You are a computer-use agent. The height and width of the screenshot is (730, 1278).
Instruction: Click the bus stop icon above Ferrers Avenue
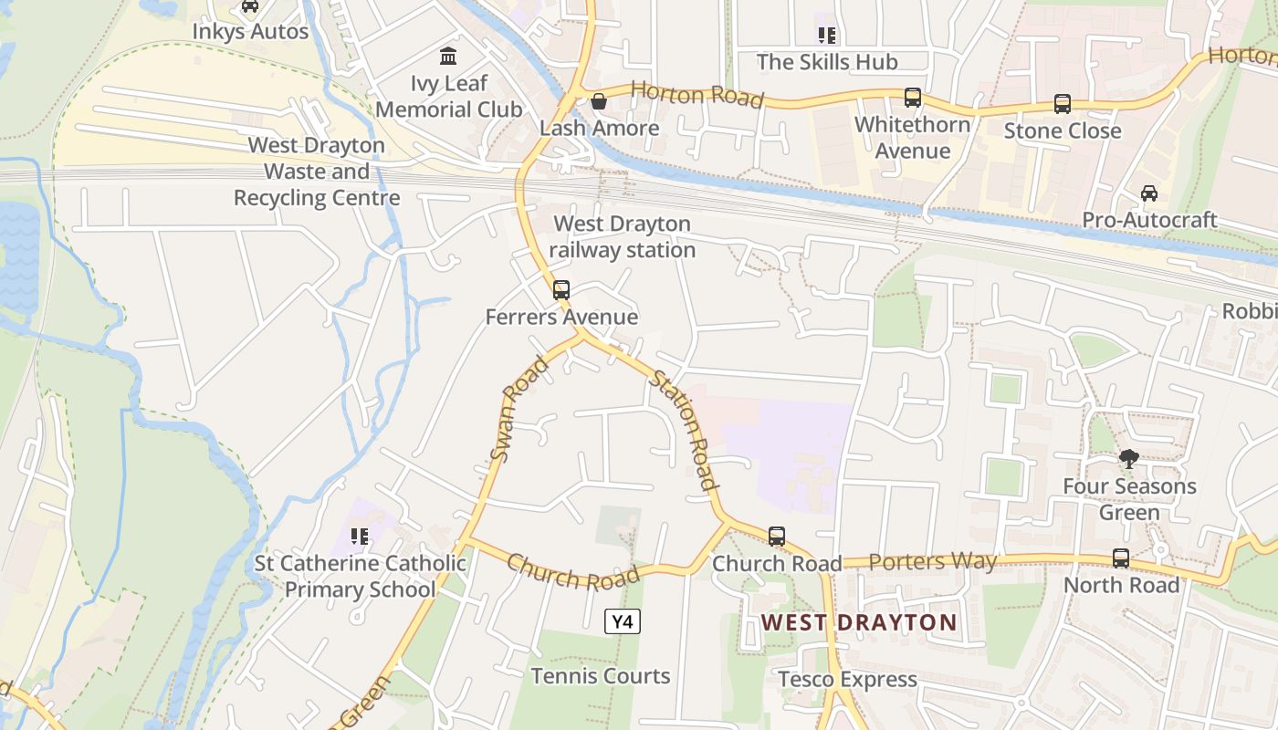tap(561, 290)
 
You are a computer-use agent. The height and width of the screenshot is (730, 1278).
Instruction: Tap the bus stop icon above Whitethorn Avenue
tap(912, 98)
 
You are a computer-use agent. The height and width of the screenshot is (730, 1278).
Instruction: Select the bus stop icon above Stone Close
tap(1062, 104)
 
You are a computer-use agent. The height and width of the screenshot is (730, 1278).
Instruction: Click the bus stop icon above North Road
tap(1121, 558)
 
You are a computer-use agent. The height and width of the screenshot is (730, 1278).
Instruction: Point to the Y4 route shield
tap(622, 622)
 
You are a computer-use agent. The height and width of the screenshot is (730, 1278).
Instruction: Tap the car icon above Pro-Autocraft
tap(1149, 193)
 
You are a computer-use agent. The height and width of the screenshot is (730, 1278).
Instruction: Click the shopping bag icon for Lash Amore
tap(599, 101)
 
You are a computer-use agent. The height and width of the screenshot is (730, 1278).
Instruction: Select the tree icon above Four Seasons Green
tap(1129, 459)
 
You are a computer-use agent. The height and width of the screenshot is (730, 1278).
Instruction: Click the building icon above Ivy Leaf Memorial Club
tap(448, 57)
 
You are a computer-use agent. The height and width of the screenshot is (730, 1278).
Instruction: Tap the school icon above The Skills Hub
tap(827, 36)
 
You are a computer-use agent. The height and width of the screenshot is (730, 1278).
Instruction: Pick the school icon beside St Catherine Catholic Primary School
tap(360, 537)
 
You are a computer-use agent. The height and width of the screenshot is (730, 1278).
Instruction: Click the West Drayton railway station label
tap(623, 236)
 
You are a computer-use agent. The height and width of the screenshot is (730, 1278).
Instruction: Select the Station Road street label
tap(681, 432)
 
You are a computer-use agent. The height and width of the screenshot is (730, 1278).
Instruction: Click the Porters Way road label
tap(932, 561)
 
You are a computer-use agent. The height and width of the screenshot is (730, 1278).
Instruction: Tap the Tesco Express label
tap(847, 680)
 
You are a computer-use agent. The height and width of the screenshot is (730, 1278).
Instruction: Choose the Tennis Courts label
tap(601, 676)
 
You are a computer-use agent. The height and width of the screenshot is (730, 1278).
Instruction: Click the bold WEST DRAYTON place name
tap(859, 623)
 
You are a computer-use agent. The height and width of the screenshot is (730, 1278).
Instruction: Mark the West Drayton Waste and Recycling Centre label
tap(317, 172)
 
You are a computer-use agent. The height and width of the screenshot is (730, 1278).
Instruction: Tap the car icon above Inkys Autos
tap(249, 6)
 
